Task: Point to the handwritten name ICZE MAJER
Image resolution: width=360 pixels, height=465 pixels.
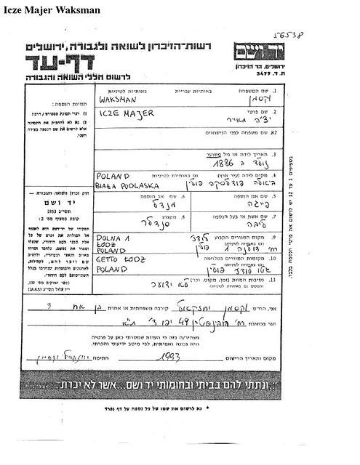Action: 119,115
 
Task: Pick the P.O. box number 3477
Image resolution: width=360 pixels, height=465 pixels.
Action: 257,75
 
